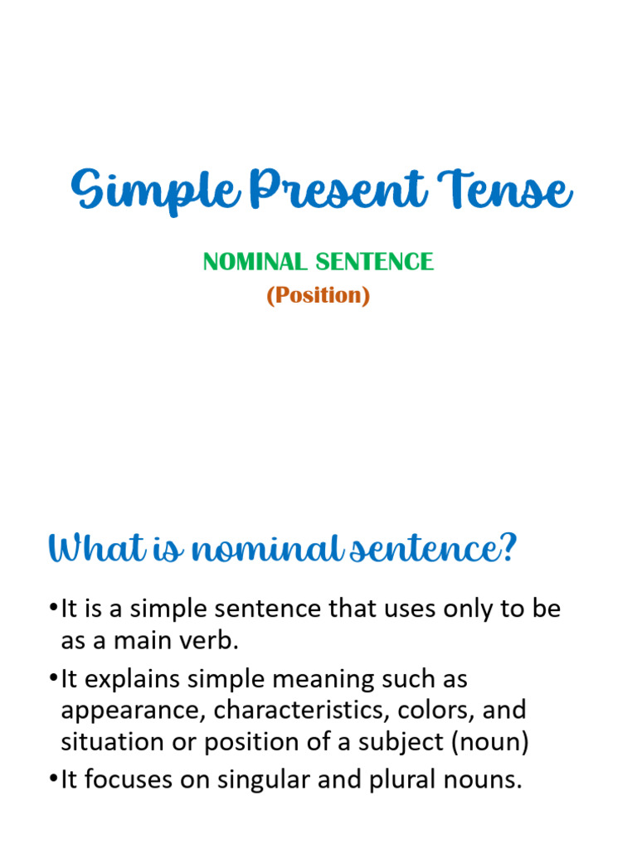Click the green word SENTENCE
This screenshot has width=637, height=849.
point(373,262)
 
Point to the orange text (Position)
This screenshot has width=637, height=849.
point(318,295)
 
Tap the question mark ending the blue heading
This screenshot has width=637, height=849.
point(507,548)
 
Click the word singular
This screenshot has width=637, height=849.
point(260,780)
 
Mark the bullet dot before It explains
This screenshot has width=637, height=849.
point(54,680)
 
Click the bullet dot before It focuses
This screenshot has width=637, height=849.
point(54,781)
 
